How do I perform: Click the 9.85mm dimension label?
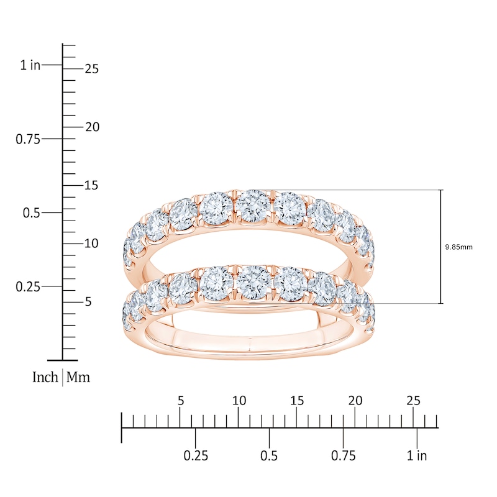tap(458, 247)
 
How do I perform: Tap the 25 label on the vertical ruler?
tap(91, 69)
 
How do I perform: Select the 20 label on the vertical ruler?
tap(92, 127)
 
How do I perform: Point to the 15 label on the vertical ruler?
tap(91, 185)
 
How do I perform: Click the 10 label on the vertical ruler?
tap(91, 244)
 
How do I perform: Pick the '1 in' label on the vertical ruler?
tap(30, 65)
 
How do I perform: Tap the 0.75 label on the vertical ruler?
tap(28, 139)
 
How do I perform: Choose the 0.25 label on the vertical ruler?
tap(28, 287)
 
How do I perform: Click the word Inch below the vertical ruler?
tap(45, 377)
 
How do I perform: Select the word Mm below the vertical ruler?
tap(78, 377)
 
